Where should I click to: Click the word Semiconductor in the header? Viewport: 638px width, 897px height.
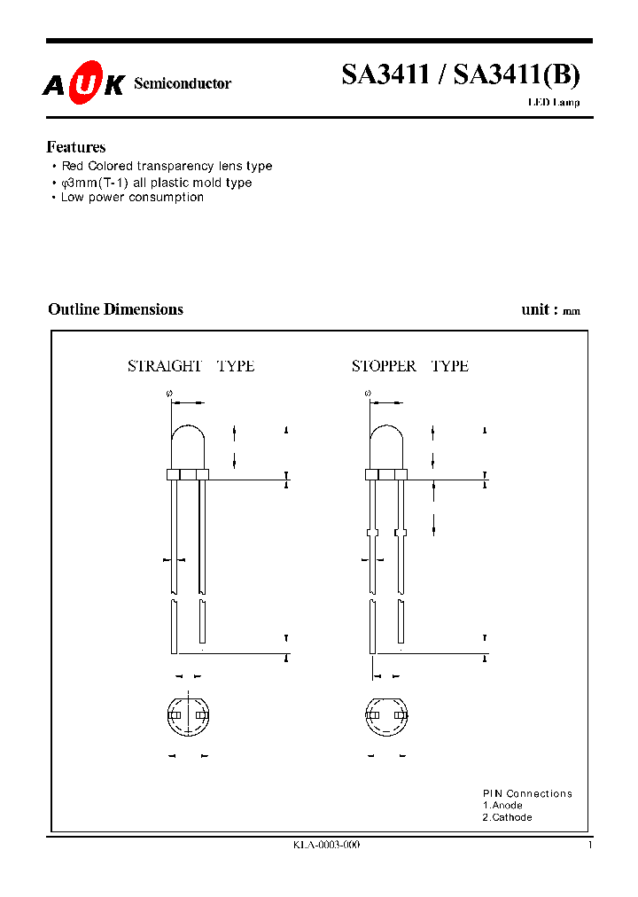coord(182,83)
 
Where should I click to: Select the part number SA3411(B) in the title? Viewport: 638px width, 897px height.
coord(517,75)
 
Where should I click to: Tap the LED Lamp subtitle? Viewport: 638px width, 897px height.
coord(554,103)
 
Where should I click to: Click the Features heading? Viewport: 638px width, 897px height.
coord(76,147)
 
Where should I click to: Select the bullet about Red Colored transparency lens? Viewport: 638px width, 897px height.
coord(166,166)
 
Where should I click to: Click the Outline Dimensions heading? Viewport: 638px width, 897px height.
coord(115,309)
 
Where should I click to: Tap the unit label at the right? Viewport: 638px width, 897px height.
coord(550,310)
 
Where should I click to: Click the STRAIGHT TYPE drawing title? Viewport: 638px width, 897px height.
coord(191,366)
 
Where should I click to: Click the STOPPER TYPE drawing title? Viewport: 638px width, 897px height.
coord(409,366)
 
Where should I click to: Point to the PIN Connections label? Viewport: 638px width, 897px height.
coord(527,793)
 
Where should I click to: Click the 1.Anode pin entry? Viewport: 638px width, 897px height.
coord(502,805)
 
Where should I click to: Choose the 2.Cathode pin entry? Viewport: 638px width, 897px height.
coord(507,817)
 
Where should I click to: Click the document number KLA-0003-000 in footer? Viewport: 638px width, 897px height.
coord(326,846)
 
